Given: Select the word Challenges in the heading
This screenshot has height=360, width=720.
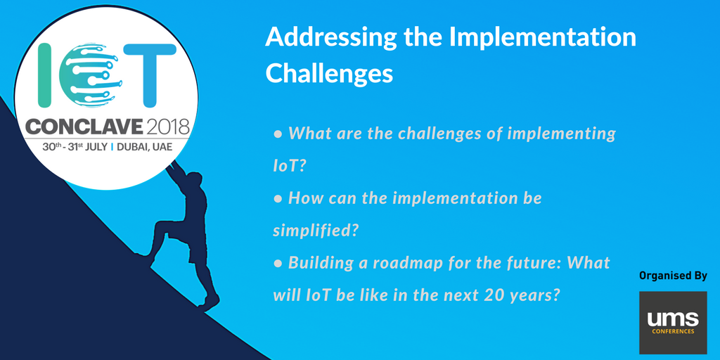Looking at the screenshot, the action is click(x=329, y=72).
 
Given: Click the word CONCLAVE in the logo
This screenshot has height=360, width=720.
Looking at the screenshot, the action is click(x=84, y=124).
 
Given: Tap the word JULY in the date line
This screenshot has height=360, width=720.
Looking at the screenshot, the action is click(x=96, y=148).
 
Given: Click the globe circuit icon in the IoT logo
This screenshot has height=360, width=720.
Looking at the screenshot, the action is click(x=91, y=75).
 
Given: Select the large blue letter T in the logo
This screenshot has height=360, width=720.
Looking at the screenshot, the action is click(x=150, y=75).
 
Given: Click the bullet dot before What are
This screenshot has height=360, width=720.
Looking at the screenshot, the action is click(x=277, y=134).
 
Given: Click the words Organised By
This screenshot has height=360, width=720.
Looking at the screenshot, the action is click(x=673, y=276).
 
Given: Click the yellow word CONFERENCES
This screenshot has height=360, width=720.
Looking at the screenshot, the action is click(x=673, y=331).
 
